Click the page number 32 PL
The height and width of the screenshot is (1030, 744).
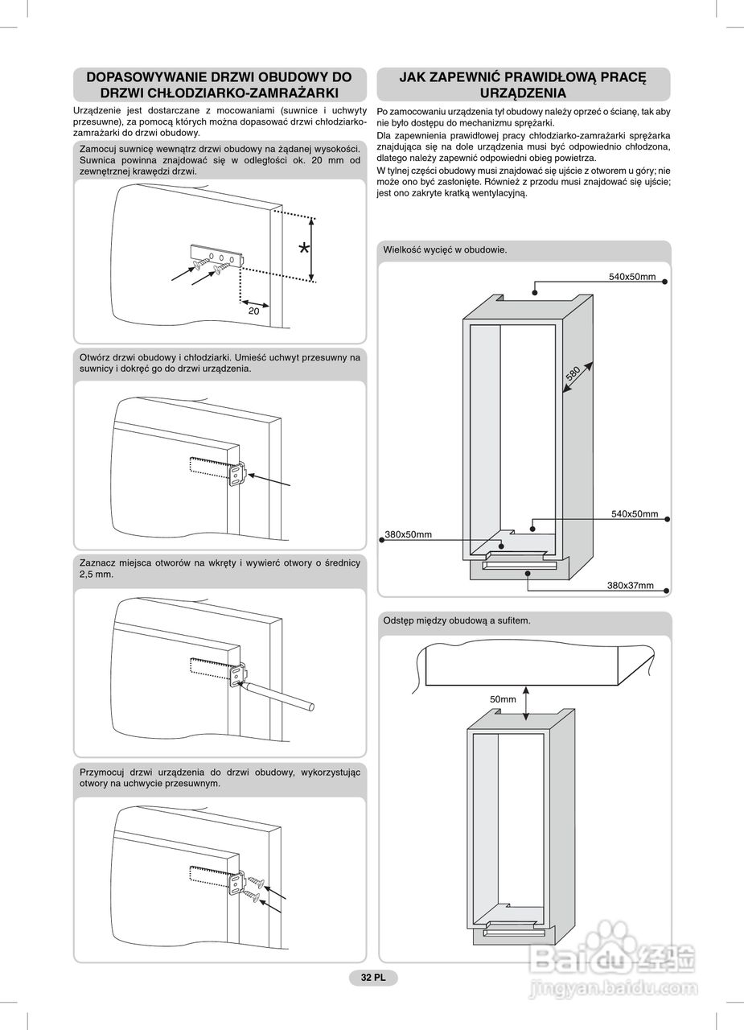(373, 978)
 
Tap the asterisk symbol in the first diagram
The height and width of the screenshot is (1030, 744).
(303, 249)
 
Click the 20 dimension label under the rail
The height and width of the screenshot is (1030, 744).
(253, 310)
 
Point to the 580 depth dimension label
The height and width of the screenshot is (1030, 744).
(573, 374)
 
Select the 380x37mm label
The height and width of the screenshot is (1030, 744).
(630, 585)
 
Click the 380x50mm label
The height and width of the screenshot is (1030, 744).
(409, 534)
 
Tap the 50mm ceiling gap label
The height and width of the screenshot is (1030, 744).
(503, 699)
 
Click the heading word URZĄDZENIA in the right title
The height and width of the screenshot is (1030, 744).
(523, 93)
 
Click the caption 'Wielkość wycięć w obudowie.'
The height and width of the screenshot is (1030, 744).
(445, 249)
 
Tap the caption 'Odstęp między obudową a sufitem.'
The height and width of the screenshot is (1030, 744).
(456, 620)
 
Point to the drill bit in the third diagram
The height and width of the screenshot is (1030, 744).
(282, 695)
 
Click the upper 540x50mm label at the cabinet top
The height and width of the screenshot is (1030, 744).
(631, 277)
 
